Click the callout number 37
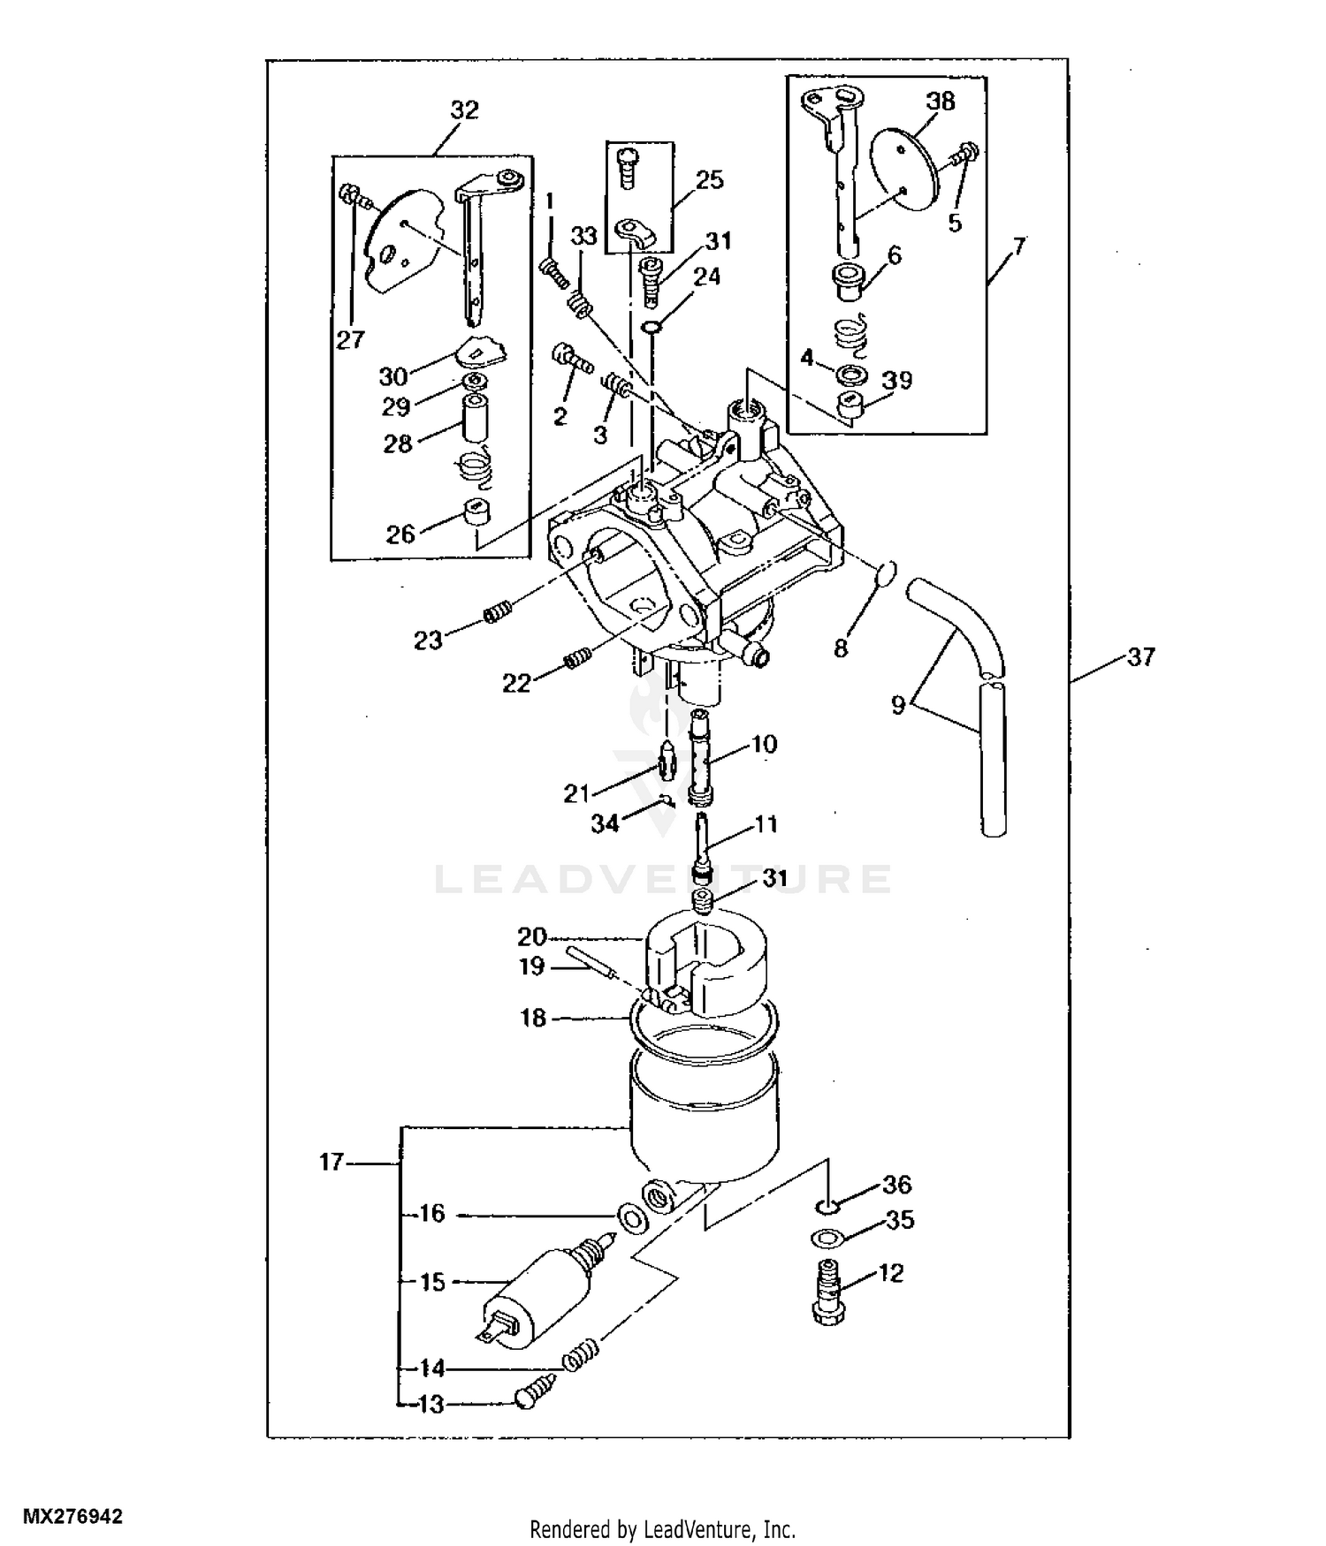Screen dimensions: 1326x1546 [1141, 657]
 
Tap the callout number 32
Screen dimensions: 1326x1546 [464, 110]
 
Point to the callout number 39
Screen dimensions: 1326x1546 [897, 380]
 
